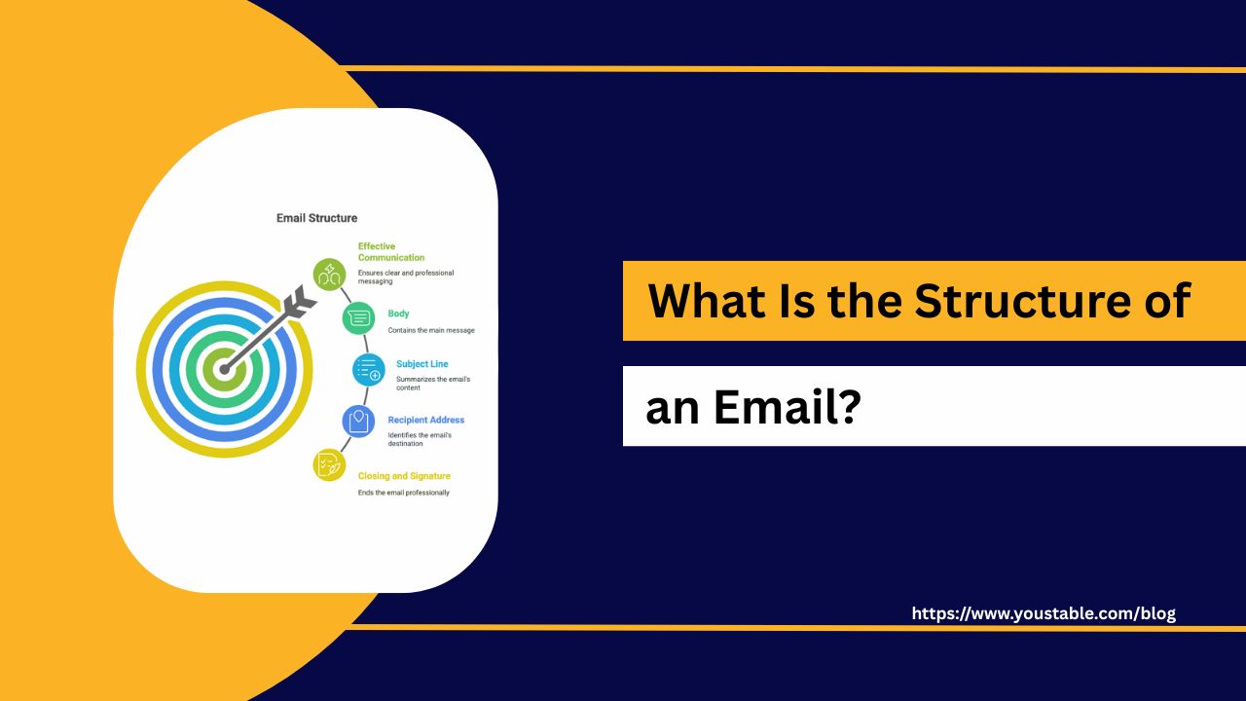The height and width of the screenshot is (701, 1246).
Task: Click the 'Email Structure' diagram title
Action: click(316, 218)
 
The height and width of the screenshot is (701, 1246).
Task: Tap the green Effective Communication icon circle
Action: click(329, 275)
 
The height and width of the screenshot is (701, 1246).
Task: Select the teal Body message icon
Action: click(359, 318)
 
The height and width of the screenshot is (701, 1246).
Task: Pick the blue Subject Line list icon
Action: click(369, 370)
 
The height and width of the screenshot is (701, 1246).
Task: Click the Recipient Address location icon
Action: click(358, 422)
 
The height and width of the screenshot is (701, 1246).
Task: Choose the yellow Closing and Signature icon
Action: click(329, 465)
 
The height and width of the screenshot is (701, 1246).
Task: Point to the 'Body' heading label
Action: click(398, 314)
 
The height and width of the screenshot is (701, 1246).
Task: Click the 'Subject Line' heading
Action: click(421, 364)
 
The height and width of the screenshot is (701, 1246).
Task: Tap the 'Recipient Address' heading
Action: click(426, 420)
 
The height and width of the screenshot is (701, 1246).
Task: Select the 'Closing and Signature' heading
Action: click(404, 476)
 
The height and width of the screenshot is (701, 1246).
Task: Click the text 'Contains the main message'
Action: click(431, 330)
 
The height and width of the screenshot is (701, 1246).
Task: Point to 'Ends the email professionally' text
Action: click(403, 493)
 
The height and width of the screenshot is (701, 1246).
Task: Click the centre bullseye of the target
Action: click(224, 369)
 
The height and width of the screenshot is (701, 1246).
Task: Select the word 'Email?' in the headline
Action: click(788, 406)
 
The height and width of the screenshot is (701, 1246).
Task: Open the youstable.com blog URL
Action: click(1044, 613)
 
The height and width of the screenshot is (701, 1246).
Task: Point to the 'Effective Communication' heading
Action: click(391, 252)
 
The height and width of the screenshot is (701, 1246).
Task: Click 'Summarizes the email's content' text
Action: click(433, 384)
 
